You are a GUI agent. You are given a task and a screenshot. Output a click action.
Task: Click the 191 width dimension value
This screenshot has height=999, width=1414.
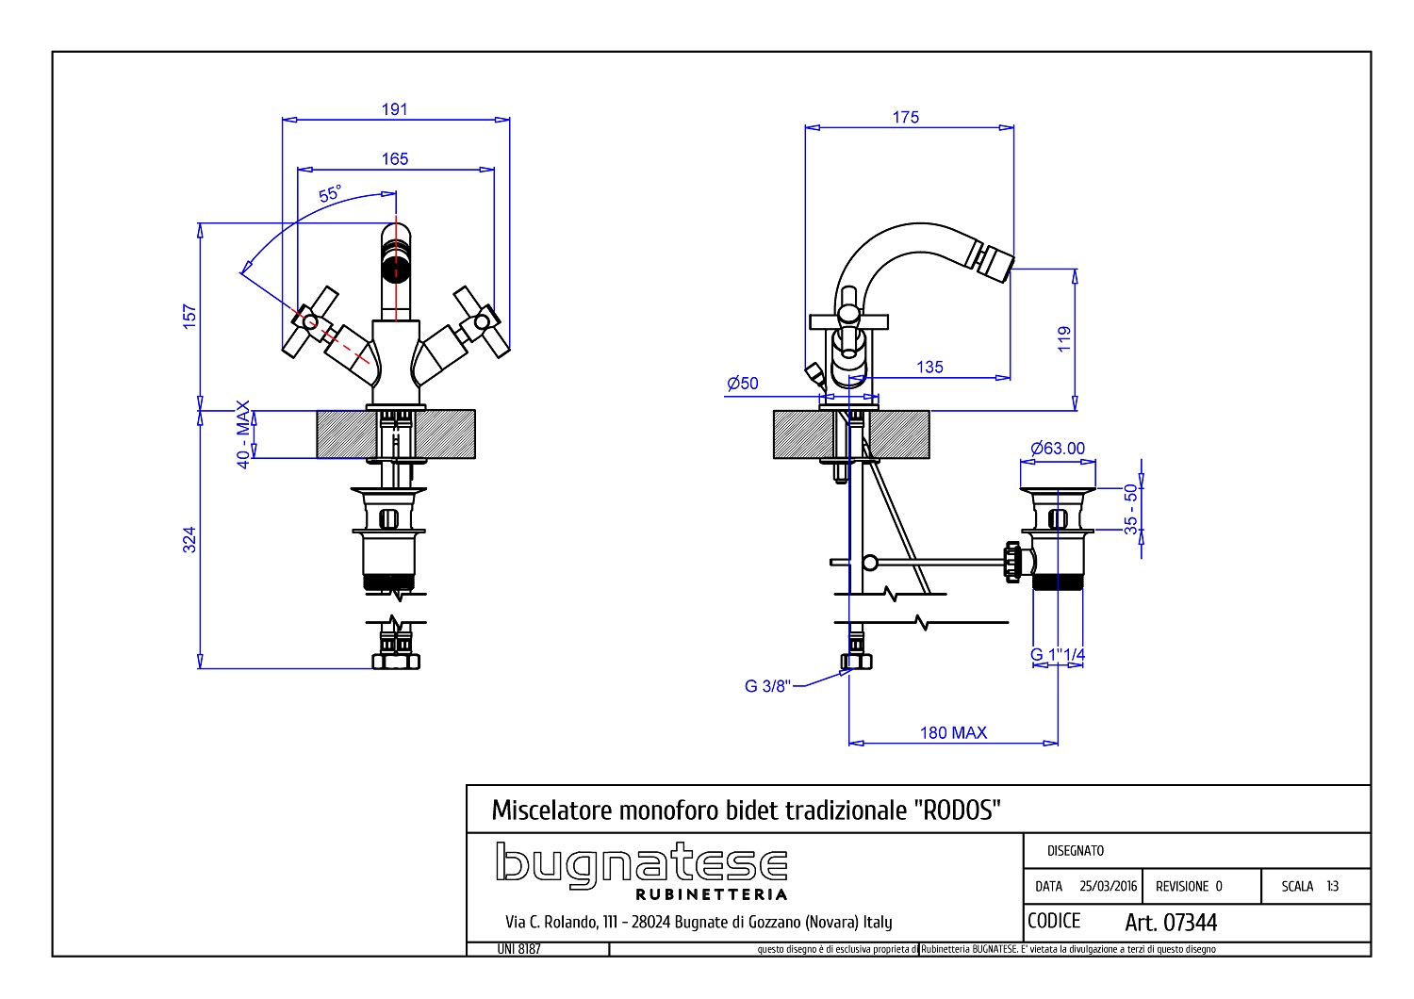point(395,109)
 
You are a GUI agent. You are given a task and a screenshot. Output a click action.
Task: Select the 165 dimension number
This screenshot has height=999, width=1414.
point(395,158)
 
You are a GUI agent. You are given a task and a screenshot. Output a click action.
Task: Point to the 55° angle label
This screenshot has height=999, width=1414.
point(330,193)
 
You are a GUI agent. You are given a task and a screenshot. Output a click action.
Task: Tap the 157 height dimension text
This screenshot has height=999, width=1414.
point(189,316)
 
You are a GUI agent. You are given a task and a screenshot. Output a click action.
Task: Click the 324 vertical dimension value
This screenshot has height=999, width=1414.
point(189,540)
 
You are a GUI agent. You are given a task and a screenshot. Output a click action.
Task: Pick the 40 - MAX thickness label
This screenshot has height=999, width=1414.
point(243,434)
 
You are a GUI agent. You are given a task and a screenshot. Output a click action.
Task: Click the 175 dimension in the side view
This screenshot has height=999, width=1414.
point(905,118)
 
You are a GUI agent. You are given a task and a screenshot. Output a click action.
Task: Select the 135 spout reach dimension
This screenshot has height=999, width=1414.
point(929,367)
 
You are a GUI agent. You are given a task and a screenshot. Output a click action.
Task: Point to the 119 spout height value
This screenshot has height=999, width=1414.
point(1064,339)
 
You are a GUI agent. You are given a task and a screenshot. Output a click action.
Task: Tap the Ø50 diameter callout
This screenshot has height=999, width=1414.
point(743,383)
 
